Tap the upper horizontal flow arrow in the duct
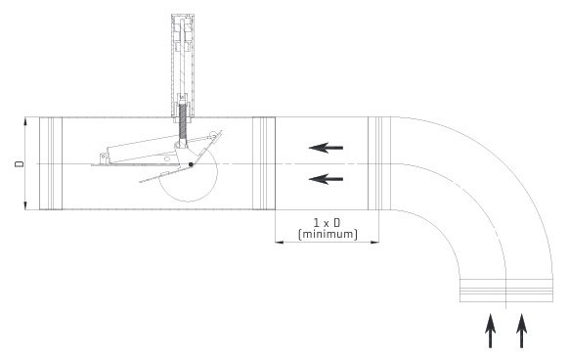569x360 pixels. pyautogui.click(x=327, y=149)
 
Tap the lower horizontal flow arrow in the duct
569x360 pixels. pyautogui.click(x=327, y=179)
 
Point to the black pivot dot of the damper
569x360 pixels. pyautogui.click(x=192, y=164)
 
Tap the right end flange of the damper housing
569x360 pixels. pyautogui.click(x=264, y=162)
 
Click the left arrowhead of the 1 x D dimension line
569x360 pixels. pyautogui.click(x=280, y=243)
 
